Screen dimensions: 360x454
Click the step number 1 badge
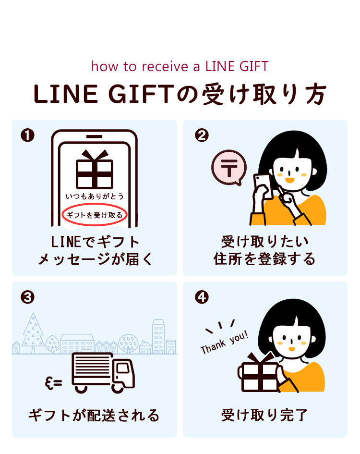(x=28, y=135)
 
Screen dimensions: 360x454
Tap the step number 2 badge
(x=202, y=135)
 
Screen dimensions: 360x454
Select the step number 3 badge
(x=28, y=297)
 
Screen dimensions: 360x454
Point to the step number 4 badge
(x=202, y=297)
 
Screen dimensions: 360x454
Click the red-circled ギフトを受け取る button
(x=95, y=215)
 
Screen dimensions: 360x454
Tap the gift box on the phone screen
(x=95, y=170)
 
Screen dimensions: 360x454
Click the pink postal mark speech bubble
(x=229, y=167)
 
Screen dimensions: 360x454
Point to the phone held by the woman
(x=263, y=186)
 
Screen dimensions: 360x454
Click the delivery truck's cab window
(x=123, y=368)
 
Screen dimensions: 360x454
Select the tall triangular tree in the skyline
(x=33, y=333)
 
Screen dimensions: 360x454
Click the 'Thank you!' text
(x=225, y=342)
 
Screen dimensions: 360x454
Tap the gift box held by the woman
(x=259, y=373)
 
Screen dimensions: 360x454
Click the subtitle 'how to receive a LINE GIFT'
(x=180, y=66)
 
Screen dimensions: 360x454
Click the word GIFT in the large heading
(x=142, y=94)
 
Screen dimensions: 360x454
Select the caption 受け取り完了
(x=264, y=415)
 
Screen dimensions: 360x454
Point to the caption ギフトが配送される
(x=94, y=415)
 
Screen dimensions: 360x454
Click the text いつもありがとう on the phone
(x=95, y=196)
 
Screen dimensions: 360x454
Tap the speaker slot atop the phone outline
(x=95, y=136)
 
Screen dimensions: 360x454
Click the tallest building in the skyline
(x=158, y=336)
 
